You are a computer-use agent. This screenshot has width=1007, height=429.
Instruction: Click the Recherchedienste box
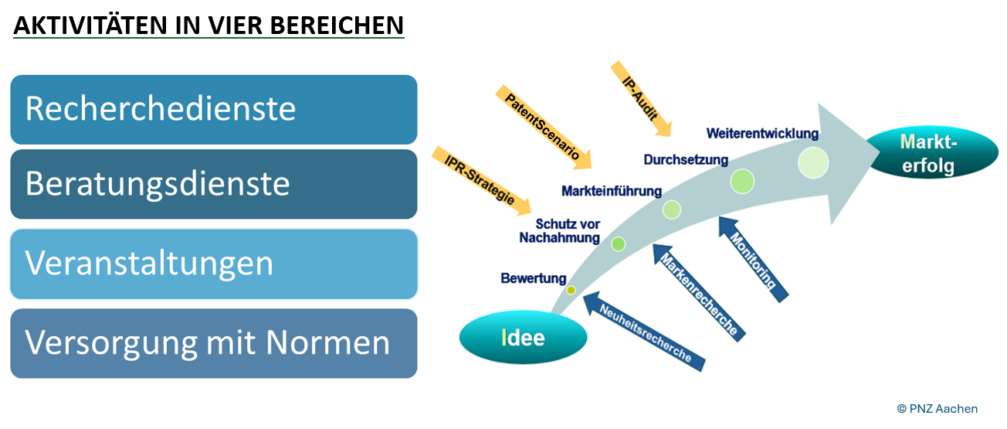(213, 109)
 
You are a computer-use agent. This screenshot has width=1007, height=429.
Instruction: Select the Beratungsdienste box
(213, 184)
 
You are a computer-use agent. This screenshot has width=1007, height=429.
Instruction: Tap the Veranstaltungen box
(213, 264)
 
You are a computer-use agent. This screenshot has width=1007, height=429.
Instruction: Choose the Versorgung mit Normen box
(213, 343)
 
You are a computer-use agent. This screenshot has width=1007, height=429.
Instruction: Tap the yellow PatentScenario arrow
(544, 128)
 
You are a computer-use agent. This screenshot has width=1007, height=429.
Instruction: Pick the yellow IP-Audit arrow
(642, 97)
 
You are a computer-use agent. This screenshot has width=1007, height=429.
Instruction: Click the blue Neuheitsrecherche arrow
(646, 331)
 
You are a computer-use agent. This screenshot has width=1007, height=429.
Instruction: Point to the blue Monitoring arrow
(754, 258)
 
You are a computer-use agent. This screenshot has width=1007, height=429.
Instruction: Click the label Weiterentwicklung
(762, 133)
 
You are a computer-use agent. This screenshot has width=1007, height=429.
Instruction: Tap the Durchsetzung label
(686, 160)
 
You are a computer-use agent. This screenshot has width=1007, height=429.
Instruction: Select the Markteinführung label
(612, 191)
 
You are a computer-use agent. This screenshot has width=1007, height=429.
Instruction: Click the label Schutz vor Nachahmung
(560, 231)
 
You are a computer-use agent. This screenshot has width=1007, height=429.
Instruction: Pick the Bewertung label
(533, 278)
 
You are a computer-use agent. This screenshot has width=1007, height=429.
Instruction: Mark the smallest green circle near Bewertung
(571, 290)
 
